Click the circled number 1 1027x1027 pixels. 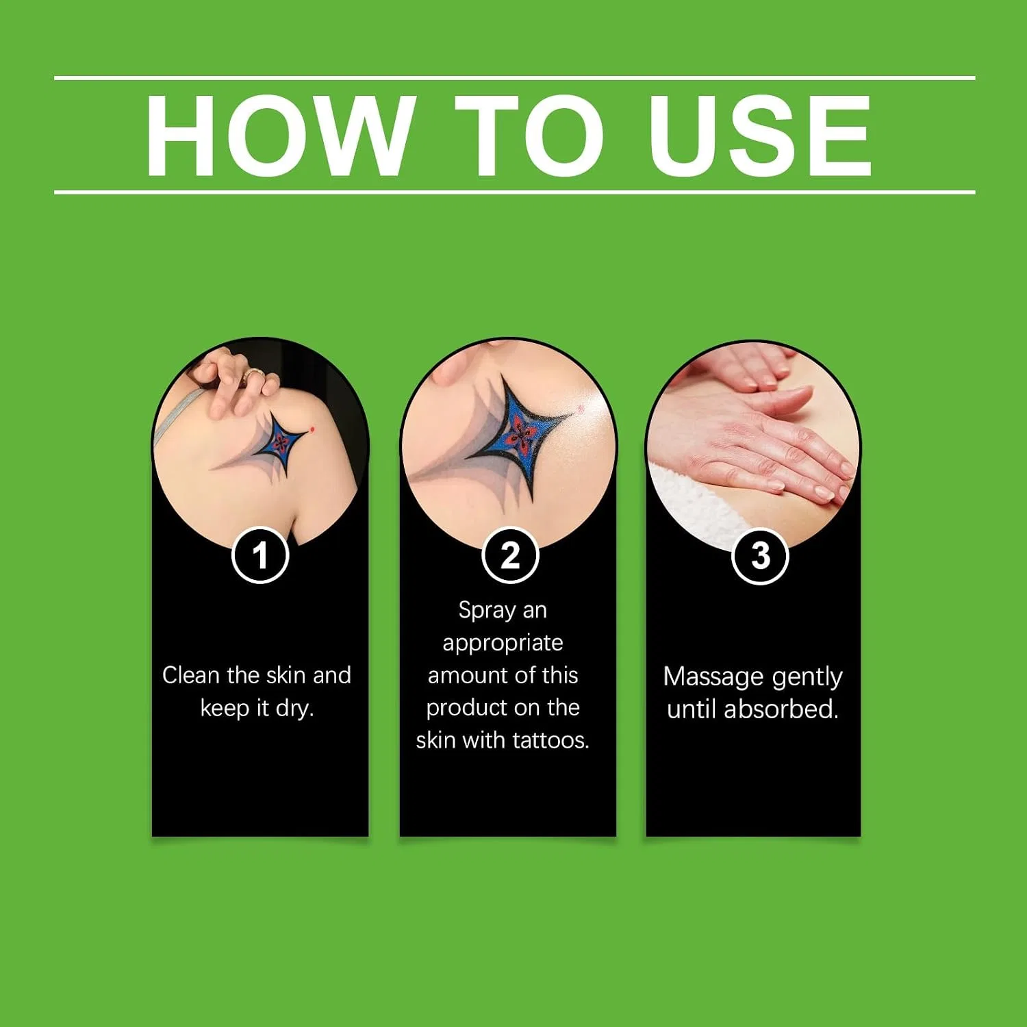pos(260,555)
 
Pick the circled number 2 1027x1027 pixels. pos(510,555)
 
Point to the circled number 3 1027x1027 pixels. pos(760,556)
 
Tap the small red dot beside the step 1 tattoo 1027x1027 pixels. pos(312,429)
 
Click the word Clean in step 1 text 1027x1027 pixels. pos(190,675)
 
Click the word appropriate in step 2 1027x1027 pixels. pos(503,644)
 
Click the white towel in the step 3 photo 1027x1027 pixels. pos(692,500)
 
